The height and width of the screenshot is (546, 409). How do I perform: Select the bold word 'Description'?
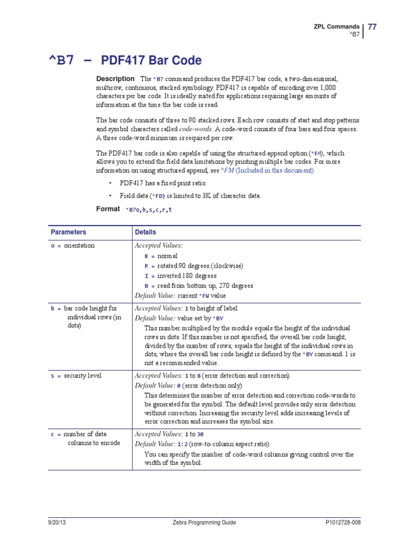tap(115, 79)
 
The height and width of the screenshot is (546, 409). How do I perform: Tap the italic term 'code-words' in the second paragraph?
tap(195, 129)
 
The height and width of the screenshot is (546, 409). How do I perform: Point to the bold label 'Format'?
tap(108, 209)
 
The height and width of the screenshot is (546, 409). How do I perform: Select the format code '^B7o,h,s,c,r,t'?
tap(149, 210)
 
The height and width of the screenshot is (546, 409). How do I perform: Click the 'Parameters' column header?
tap(68, 232)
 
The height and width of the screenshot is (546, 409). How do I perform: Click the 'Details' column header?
tap(145, 232)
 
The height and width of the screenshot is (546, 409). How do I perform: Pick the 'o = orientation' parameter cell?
tap(73, 246)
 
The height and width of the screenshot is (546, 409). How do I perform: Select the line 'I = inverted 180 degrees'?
tap(181, 276)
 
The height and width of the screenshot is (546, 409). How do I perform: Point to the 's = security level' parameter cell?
tap(76, 376)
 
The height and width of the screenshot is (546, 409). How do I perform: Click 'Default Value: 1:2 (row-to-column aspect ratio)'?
tap(202, 444)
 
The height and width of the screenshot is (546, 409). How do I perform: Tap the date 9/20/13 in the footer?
tap(57, 523)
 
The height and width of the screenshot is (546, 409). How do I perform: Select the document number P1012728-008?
tap(342, 523)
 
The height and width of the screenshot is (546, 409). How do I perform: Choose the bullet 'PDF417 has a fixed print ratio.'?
tap(163, 183)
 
